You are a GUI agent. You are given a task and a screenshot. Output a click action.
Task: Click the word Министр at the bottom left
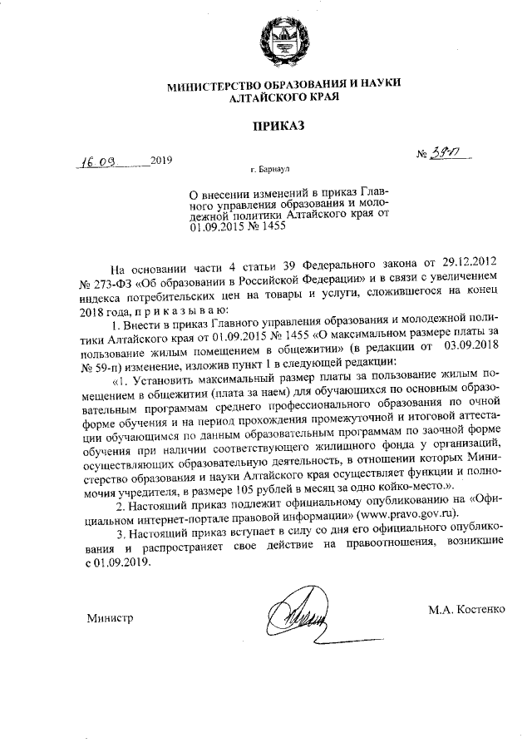click(111, 619)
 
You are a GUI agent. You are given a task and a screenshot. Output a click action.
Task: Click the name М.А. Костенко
click(466, 609)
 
